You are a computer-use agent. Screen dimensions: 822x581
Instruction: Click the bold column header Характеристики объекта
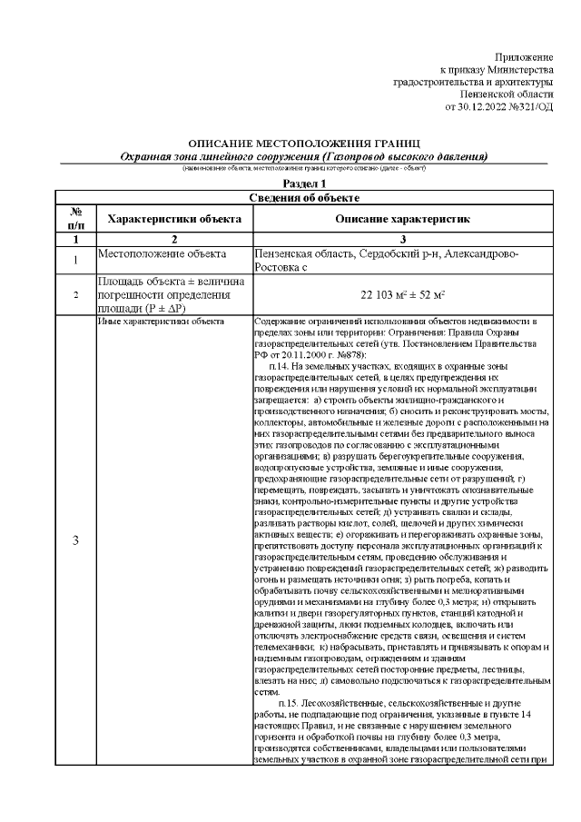tap(173, 219)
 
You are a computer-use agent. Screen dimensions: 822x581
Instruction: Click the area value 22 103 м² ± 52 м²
tap(402, 294)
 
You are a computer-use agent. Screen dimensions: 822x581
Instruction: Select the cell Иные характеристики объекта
tap(161, 322)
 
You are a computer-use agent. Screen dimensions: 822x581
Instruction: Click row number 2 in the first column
tap(75, 294)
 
